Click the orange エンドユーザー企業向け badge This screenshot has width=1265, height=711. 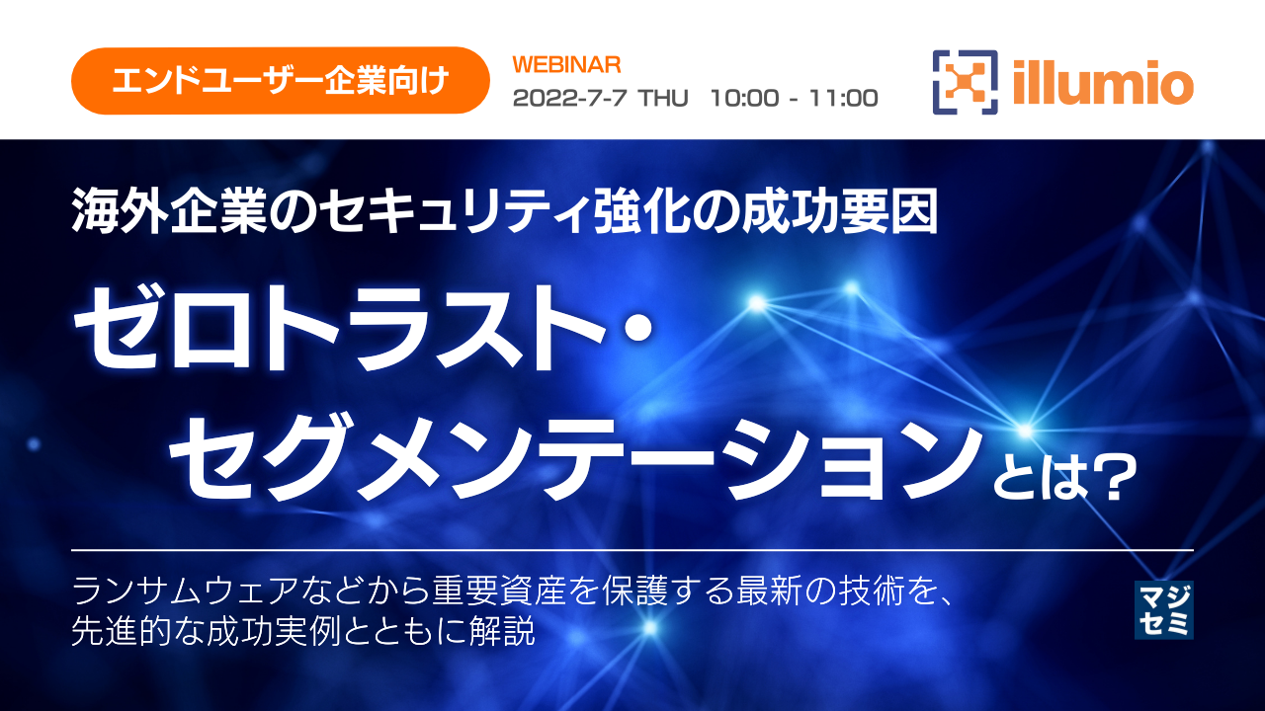pos(281,80)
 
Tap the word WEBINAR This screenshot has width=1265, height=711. pos(567,65)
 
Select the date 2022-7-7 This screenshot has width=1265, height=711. pos(570,98)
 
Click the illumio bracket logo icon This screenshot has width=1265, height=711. pos(965,82)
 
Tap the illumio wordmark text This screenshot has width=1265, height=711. pos(1103,82)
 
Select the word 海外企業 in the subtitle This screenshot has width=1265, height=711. pos(139,212)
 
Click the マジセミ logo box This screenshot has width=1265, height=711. pos(1163,609)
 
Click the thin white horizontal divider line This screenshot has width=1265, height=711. pos(632,549)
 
